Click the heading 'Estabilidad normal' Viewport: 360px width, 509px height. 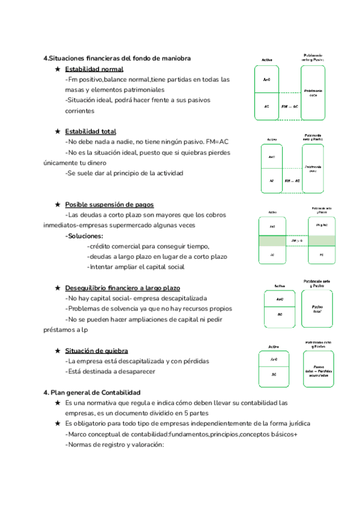coord(94,69)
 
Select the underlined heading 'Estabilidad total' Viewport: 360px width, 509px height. coord(91,131)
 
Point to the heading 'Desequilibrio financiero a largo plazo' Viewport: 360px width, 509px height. coord(122,288)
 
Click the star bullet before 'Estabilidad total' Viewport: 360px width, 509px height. coord(57,131)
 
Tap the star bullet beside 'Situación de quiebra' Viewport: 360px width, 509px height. coord(57,351)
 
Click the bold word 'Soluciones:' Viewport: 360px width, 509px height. coord(84,236)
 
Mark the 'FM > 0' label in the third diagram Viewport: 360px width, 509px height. coord(296,241)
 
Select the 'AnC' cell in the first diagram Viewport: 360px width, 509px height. coord(266,80)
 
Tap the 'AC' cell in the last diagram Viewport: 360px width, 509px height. coord(274,375)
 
